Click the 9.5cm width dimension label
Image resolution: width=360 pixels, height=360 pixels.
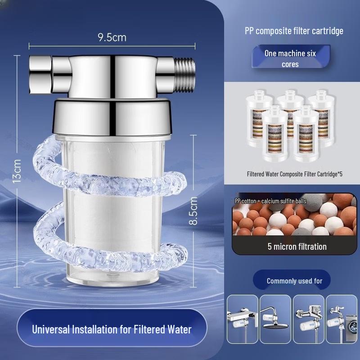click(112, 37)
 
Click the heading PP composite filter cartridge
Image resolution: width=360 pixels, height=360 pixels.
click(293, 31)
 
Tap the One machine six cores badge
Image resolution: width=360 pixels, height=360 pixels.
click(290, 58)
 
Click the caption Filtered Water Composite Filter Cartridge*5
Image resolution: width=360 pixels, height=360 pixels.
click(294, 174)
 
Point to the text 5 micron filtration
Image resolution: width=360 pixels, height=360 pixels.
click(297, 246)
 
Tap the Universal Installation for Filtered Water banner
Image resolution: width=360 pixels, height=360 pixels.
click(112, 329)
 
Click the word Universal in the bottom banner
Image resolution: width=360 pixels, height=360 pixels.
click(50, 329)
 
